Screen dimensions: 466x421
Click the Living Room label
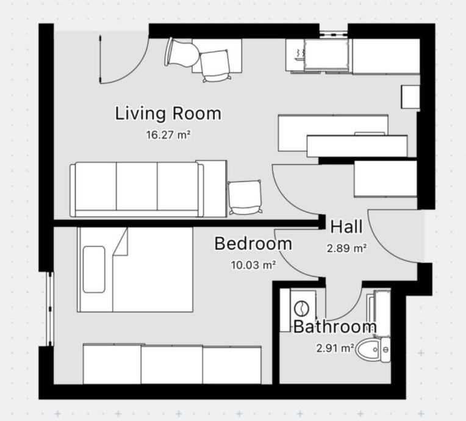pyautogui.click(x=168, y=113)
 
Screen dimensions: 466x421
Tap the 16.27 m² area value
pyautogui.click(x=168, y=135)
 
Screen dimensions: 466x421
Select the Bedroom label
pyautogui.click(x=253, y=243)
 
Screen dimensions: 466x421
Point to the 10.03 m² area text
pyautogui.click(x=253, y=265)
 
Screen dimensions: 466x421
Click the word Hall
pyautogui.click(x=346, y=226)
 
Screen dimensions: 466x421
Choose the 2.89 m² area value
pyautogui.click(x=346, y=248)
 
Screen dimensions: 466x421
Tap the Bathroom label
pyautogui.click(x=335, y=326)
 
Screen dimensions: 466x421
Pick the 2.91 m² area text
pyautogui.click(x=335, y=348)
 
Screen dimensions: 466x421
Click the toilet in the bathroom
pyautogui.click(x=373, y=350)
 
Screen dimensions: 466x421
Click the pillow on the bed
pyautogui.click(x=94, y=269)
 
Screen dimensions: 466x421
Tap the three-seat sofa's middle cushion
pyautogui.click(x=137, y=187)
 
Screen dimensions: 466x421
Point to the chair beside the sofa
pyautogui.click(x=245, y=197)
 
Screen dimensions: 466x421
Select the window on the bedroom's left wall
pyautogui.click(x=50, y=309)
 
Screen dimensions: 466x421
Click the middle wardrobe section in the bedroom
pyautogui.click(x=172, y=365)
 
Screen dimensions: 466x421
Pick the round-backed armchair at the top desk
pyautogui.click(x=182, y=52)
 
